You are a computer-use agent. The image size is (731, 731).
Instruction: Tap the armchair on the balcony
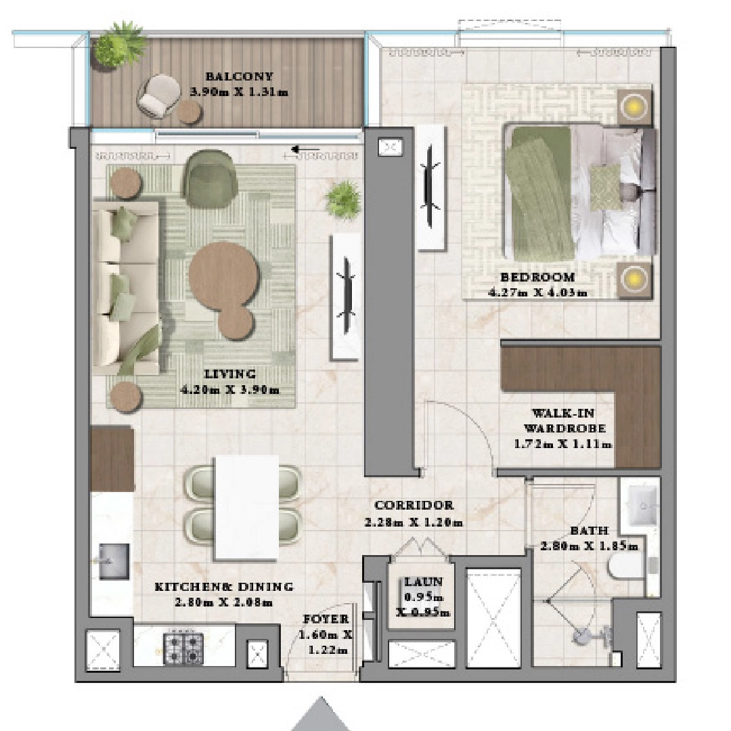pyautogui.click(x=157, y=95)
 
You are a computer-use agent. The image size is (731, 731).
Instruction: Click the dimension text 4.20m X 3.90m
pyautogui.click(x=229, y=390)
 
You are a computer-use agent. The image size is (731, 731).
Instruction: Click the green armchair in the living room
pyautogui.click(x=209, y=173)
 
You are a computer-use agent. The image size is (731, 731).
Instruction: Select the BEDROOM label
pyautogui.click(x=537, y=277)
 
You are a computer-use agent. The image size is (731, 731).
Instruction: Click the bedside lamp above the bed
pyautogui.click(x=634, y=106)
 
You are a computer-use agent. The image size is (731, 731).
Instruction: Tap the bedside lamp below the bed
pyautogui.click(x=634, y=278)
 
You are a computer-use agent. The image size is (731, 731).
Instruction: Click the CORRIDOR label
pyautogui.click(x=414, y=505)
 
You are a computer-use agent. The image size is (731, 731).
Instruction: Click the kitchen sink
pyautogui.click(x=114, y=561)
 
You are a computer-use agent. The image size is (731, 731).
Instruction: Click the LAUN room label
pyautogui.click(x=424, y=581)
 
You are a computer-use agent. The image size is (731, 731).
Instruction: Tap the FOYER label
pyautogui.click(x=326, y=619)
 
